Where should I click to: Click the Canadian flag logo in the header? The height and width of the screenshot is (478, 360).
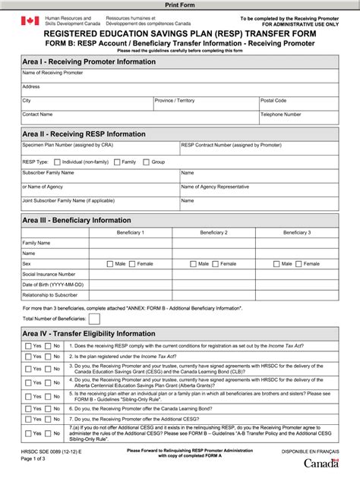click(x=30, y=20)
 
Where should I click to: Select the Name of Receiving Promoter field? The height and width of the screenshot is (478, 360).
click(x=180, y=76)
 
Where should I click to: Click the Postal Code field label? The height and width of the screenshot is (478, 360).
click(x=273, y=100)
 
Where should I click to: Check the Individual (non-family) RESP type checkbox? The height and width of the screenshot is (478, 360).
click(x=56, y=162)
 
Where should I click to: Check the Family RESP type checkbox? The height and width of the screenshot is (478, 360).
click(x=116, y=162)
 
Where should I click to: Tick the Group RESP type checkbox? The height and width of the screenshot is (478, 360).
click(x=146, y=162)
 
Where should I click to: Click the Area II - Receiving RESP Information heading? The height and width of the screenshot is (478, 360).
click(x=84, y=134)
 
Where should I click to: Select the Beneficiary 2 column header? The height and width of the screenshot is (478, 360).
click(x=214, y=231)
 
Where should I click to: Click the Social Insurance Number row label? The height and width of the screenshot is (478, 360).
click(x=49, y=274)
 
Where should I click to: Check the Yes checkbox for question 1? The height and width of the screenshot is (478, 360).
click(x=28, y=346)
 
